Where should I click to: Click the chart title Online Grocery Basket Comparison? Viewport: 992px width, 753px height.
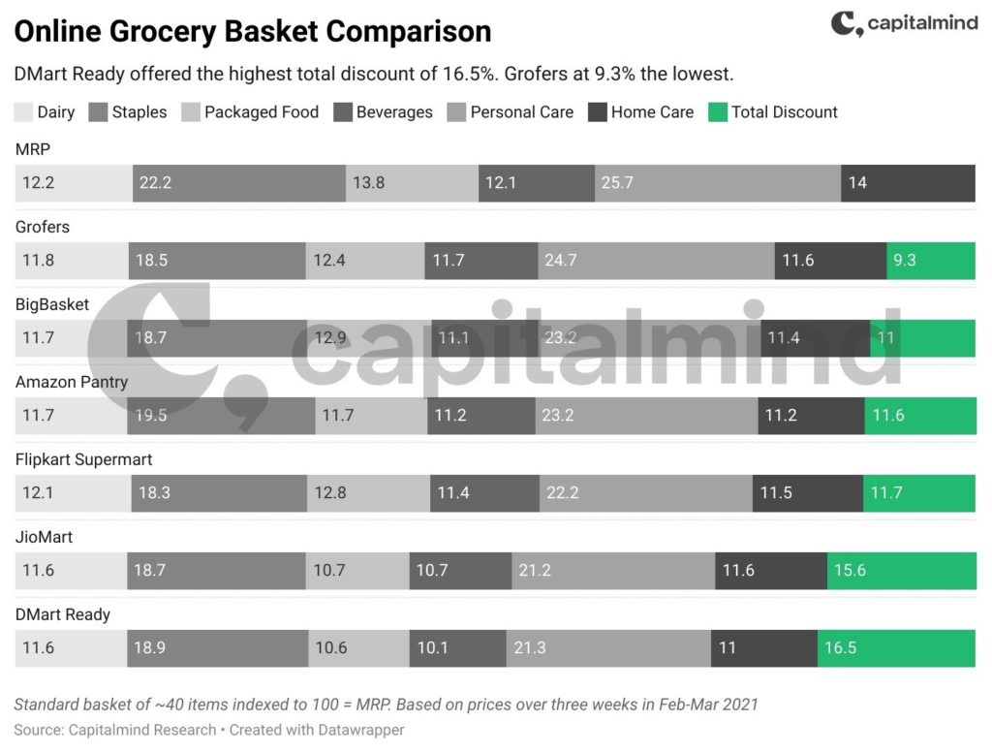click(253, 32)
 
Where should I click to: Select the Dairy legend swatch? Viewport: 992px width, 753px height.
click(24, 112)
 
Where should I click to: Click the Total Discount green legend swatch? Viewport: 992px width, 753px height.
click(718, 112)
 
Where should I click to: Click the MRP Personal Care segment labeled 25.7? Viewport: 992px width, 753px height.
click(717, 183)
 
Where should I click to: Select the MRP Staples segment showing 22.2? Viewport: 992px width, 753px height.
click(238, 183)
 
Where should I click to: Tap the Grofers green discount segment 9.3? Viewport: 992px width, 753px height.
click(930, 261)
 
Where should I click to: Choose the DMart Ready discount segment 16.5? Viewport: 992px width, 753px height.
click(896, 648)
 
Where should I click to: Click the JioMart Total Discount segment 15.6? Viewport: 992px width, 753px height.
click(900, 571)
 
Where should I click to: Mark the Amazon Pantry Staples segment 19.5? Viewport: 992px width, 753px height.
click(221, 416)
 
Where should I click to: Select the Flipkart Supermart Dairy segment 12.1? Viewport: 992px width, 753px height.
click(74, 493)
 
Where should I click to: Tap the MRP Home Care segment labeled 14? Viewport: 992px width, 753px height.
click(907, 183)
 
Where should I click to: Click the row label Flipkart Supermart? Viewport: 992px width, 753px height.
click(84, 459)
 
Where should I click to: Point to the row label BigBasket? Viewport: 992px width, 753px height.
click(52, 304)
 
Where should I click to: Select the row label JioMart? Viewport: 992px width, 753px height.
click(45, 537)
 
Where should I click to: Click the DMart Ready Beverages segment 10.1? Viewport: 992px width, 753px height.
click(457, 648)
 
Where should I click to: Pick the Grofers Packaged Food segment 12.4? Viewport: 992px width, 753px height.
click(365, 261)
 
